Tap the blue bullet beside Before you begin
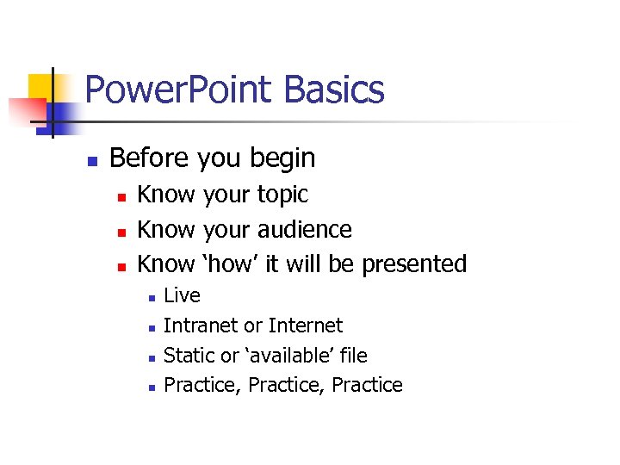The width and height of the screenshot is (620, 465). [92, 160]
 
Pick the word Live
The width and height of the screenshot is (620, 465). [182, 295]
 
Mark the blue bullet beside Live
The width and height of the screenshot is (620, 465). [150, 297]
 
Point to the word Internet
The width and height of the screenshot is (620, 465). [305, 325]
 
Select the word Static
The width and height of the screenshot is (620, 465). [188, 355]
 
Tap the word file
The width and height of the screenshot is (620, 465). [353, 355]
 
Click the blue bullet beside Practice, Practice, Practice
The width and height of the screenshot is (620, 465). [150, 387]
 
